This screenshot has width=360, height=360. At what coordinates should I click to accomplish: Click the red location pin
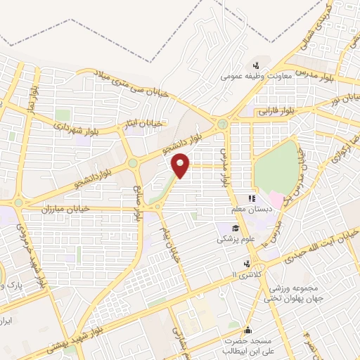point(181,165)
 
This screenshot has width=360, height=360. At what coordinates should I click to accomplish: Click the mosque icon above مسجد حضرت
point(247,330)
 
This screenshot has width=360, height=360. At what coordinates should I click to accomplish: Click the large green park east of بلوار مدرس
point(276,167)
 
